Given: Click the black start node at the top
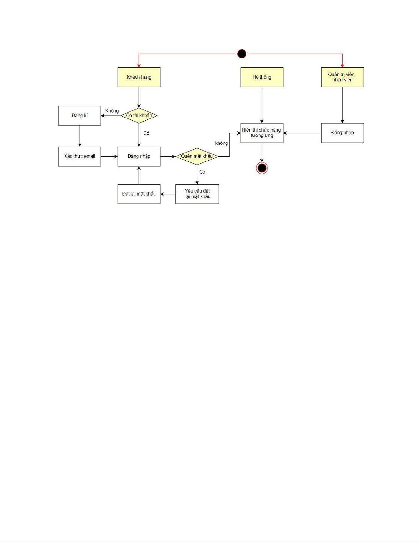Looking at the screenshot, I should [x=242, y=54].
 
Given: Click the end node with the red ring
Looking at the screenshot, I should [x=262, y=168].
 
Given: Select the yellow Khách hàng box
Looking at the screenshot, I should [x=139, y=77].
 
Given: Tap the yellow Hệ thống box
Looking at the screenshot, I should [x=262, y=77].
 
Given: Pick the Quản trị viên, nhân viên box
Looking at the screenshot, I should [x=342, y=77].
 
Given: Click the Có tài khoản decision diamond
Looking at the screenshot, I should [x=139, y=116].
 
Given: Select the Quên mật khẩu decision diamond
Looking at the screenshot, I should [x=197, y=156].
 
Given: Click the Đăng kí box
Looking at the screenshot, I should [x=80, y=116].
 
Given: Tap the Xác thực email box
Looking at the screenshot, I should [x=80, y=156].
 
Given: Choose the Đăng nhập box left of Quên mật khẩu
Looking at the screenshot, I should [x=139, y=156].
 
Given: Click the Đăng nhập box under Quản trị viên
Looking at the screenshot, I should [x=342, y=133].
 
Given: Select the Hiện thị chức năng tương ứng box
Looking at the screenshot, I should [x=262, y=133].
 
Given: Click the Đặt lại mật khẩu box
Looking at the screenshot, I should [x=139, y=194].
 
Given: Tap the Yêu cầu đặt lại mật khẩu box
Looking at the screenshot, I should [x=197, y=194].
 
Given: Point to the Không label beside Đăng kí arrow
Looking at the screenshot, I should [x=112, y=111].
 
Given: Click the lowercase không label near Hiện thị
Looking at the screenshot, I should [x=221, y=143].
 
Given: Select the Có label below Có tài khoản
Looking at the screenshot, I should [x=146, y=133].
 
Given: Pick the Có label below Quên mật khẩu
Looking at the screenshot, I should [x=202, y=172].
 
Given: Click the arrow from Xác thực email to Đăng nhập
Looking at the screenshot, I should [x=109, y=157].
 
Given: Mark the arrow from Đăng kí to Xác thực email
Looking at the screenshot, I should [x=80, y=136].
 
